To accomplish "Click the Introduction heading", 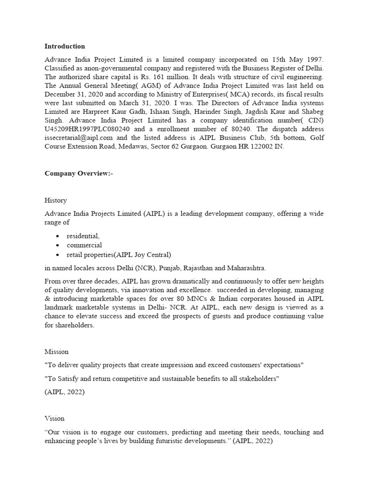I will tap(65, 47).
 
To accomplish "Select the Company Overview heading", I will tap(77, 173).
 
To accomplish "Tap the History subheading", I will tap(56, 200).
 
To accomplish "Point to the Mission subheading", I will tap(57, 352).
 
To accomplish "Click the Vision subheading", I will tap(54, 418).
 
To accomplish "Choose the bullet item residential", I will tap(83, 236).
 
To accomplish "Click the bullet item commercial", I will tap(84, 246).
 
